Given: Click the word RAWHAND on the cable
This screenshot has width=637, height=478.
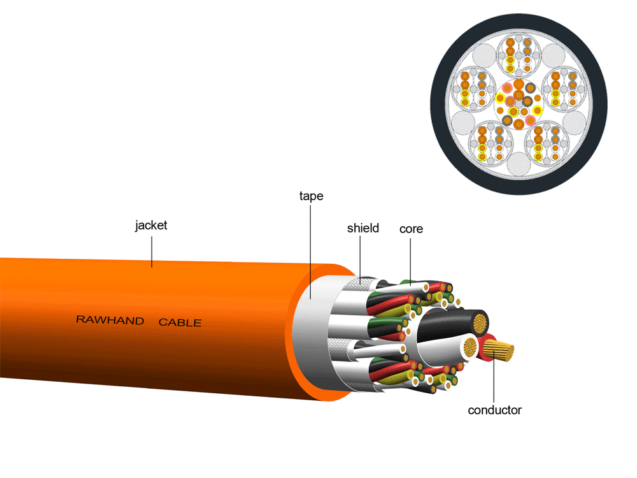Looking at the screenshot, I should [x=110, y=320].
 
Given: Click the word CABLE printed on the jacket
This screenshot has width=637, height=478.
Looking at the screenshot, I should [x=180, y=322].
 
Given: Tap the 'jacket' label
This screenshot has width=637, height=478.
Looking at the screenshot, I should [x=151, y=226].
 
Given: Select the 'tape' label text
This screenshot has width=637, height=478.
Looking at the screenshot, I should [x=311, y=196].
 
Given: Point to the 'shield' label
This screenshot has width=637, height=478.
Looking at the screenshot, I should [x=363, y=228].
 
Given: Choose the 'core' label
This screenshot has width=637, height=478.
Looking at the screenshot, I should [x=411, y=229].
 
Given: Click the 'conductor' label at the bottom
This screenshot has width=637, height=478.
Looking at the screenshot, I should [x=494, y=410].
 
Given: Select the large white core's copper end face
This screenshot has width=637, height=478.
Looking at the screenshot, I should [x=471, y=348].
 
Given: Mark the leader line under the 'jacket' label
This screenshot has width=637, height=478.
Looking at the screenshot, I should [x=152, y=250].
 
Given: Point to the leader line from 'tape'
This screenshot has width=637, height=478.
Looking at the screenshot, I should [x=311, y=249].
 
